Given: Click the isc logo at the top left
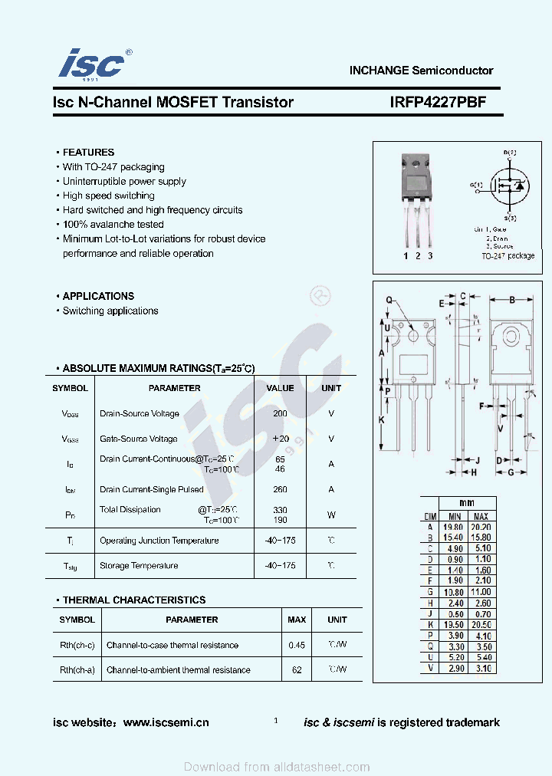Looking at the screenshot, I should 91,64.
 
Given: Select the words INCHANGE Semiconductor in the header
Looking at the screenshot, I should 421,70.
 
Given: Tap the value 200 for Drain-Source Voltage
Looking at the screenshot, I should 280,413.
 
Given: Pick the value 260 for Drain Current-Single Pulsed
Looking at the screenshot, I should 280,489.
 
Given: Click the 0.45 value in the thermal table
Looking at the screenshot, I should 297,645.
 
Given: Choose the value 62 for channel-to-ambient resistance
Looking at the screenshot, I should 297,669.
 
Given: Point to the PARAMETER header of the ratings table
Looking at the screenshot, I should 174,388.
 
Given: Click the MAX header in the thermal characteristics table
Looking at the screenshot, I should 297,620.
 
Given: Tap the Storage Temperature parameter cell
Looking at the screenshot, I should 139,566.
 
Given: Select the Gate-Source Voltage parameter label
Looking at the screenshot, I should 139,439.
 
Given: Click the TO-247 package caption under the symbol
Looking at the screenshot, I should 508,256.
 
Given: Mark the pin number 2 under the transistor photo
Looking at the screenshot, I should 419,256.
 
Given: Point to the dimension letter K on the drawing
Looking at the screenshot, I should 381,419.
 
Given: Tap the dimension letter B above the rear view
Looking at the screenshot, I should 511,299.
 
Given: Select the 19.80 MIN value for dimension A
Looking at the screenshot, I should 454,528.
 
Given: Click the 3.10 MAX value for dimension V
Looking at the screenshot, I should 481,669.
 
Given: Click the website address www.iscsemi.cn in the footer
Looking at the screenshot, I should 166,722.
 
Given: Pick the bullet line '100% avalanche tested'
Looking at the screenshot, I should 113,225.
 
